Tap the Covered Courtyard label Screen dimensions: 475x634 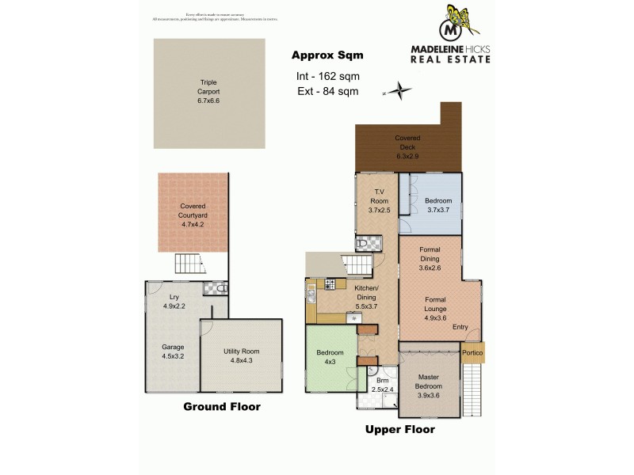(193, 215)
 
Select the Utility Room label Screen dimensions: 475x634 (241, 355)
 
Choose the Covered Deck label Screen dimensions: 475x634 (407, 146)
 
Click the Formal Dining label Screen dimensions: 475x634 (430, 259)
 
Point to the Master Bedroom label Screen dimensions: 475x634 (428, 386)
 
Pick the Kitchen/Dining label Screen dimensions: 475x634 (365, 294)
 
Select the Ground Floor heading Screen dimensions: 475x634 (222, 407)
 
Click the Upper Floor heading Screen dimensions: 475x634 (399, 431)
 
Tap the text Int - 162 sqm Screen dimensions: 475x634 (327, 77)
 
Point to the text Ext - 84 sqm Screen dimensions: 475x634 (327, 92)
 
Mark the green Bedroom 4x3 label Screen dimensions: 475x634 (330, 357)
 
